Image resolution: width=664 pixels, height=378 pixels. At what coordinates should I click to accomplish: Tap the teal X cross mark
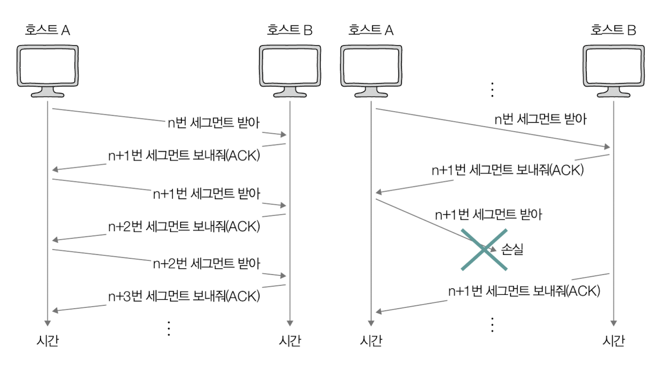tap(484, 248)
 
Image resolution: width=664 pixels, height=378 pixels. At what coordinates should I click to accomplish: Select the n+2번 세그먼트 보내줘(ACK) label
tap(184, 226)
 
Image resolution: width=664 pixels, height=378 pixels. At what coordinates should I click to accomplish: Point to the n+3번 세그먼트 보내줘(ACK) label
tap(184, 296)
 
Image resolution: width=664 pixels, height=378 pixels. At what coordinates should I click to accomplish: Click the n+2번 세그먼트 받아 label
tap(206, 264)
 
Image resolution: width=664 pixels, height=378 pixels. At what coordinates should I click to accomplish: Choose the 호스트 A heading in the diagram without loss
tap(48, 30)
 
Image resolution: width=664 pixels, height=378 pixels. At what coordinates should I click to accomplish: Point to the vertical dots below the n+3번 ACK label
tap(168, 328)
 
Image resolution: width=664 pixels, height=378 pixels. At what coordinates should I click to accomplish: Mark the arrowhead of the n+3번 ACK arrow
tap(55, 310)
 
